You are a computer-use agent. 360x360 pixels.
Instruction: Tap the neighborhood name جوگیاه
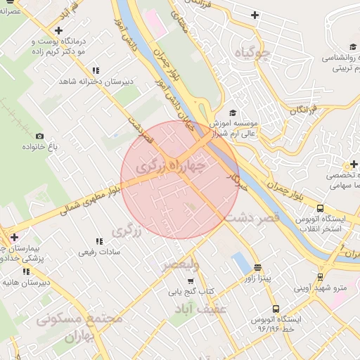tap(254, 52)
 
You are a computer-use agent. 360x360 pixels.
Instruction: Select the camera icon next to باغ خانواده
tap(39, 136)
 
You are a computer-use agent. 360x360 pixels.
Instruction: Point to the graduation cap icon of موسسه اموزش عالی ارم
tap(233, 112)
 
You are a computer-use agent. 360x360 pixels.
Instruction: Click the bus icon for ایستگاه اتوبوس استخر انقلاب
tap(321, 209)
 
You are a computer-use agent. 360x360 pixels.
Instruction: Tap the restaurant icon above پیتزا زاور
tap(258, 268)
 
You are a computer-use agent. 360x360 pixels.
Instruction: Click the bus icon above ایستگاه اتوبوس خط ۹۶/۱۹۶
tap(276, 308)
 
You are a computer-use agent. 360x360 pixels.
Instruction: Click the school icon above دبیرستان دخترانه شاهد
tap(96, 70)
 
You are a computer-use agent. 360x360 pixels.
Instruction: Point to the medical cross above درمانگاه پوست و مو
tap(58, 31)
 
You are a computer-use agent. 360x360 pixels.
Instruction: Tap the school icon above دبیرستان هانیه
tap(27, 271)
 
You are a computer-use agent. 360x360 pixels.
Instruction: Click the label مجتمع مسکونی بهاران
tap(79, 326)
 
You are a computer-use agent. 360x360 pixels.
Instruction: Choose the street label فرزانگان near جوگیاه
tap(304, 111)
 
